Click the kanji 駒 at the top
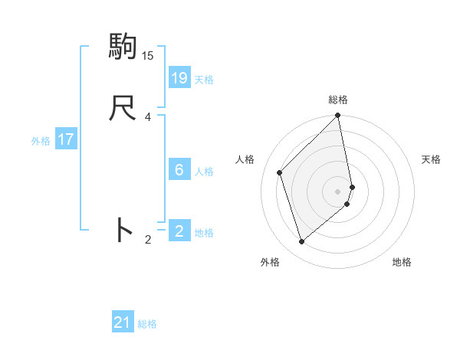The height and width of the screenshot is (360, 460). tap(123, 47)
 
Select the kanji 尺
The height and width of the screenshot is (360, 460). tap(123, 108)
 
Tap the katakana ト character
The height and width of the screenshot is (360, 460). tap(123, 230)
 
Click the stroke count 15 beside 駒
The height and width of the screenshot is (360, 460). tap(148, 55)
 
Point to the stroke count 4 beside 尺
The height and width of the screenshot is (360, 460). tap(148, 116)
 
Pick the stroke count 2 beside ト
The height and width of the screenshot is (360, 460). tap(148, 240)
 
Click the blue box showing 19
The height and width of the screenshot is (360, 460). tap(179, 78)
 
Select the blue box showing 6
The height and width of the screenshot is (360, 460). tap(179, 170)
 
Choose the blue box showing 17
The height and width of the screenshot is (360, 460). tap(66, 139)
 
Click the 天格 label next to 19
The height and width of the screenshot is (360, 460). tap(204, 80)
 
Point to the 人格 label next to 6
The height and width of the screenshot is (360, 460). tap(204, 172)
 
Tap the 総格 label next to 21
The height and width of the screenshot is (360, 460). tap(147, 324)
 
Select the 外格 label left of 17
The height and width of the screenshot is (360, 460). tap(41, 141)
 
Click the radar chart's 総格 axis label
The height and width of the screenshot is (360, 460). tap(338, 100)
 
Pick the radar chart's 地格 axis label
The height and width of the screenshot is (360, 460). tap(402, 262)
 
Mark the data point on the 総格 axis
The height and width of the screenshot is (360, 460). tap(338, 116)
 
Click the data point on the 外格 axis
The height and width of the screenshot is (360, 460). tap(301, 242)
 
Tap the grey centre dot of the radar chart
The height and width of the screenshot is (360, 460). tap(338, 191)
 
